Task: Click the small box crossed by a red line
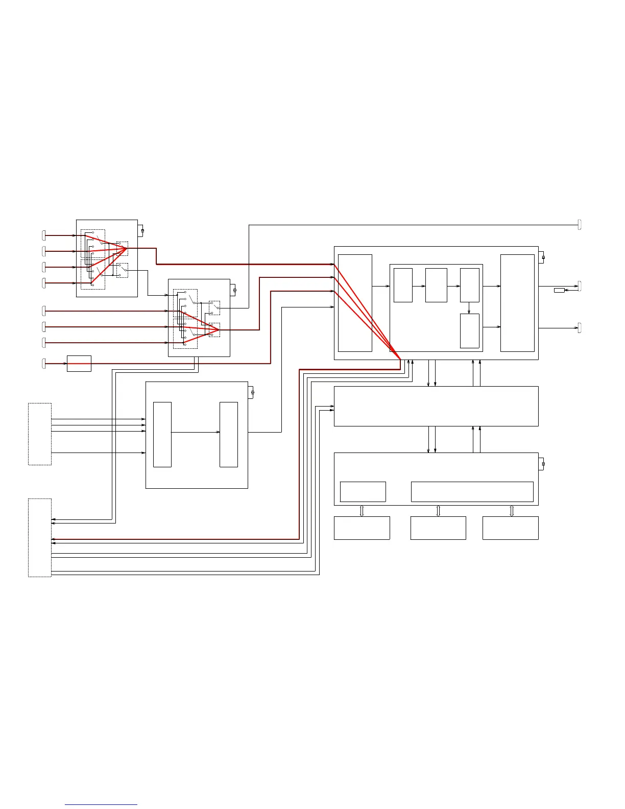79,363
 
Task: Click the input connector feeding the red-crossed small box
43,363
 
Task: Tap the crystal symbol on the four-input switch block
142,231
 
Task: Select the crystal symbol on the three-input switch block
234,290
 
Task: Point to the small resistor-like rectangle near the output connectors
559,290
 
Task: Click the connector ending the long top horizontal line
580,224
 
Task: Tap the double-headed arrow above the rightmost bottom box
511,511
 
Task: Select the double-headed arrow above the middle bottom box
438,511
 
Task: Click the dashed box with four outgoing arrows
40,434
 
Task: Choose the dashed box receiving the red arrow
40,537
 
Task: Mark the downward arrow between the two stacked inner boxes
469,308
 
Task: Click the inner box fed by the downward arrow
470,330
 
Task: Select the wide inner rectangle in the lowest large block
472,491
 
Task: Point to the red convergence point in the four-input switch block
126,249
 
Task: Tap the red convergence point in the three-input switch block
219,330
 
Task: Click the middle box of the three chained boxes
436,285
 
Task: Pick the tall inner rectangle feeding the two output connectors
517,303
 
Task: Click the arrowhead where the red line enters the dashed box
54,539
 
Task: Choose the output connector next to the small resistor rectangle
580,286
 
